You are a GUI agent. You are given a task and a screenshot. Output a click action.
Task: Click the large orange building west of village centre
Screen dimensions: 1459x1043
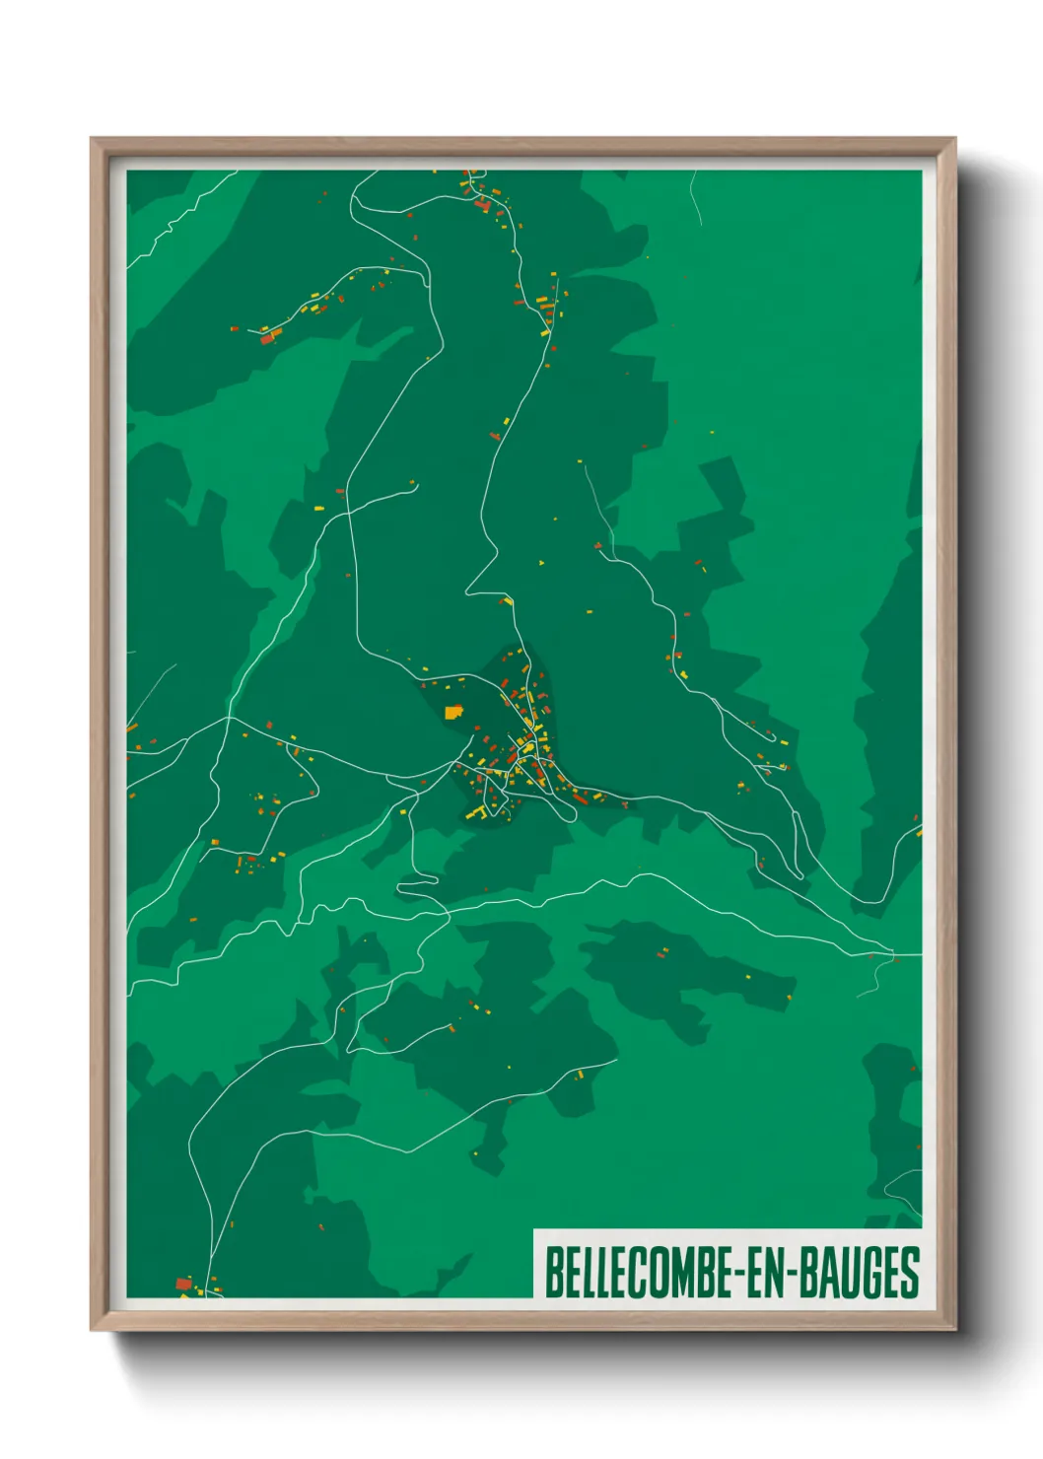point(453,711)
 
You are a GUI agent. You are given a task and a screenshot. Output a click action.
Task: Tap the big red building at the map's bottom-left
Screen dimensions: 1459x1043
point(183,1284)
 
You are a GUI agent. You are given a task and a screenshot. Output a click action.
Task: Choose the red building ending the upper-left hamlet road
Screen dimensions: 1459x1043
point(266,338)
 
